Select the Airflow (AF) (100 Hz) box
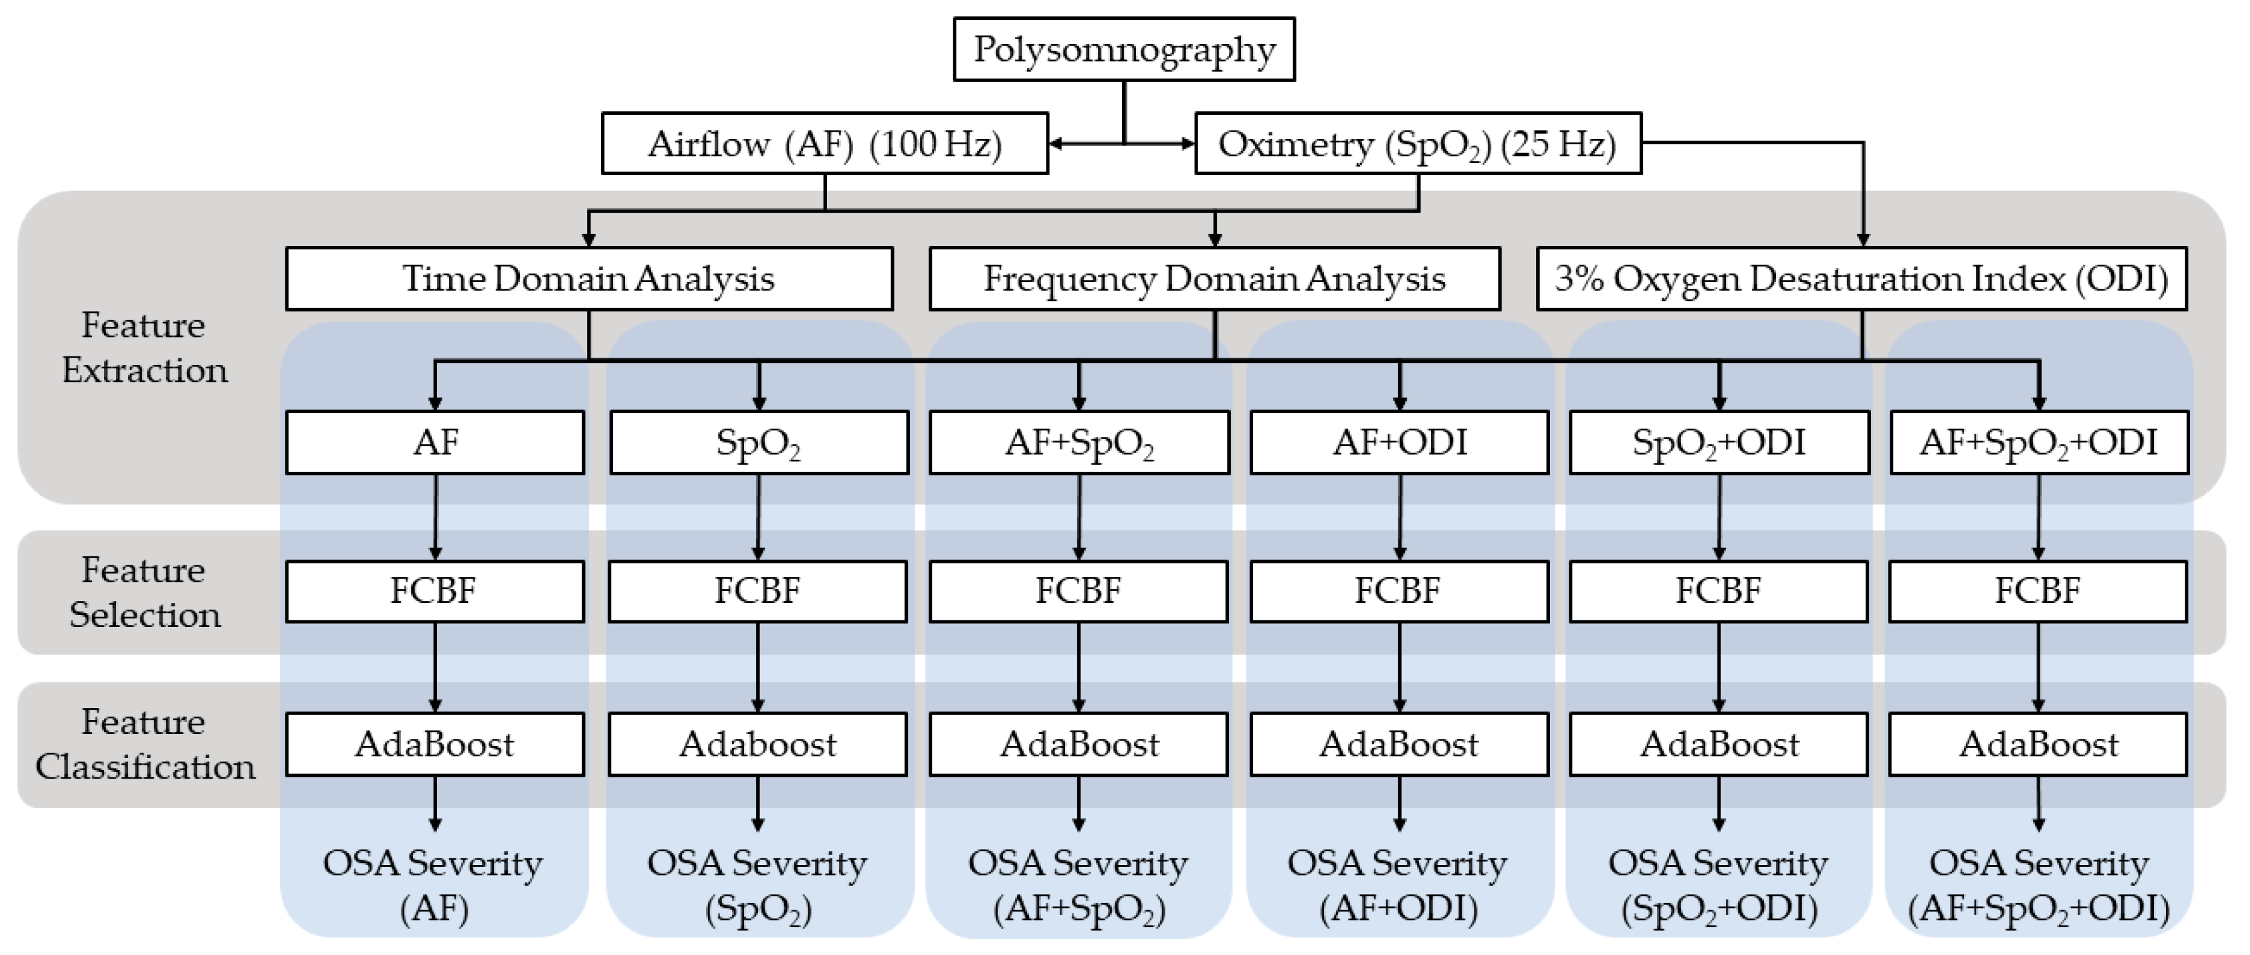coord(825,144)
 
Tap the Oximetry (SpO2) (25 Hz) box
coord(1417,144)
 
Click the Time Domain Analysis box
coord(589,279)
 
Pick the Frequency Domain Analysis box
coord(1214,279)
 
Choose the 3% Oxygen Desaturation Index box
coord(1861,279)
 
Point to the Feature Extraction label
coord(144,347)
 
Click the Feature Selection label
coord(144,592)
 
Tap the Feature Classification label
coord(144,744)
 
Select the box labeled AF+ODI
coord(1399,443)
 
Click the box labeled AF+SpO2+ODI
coord(2038,443)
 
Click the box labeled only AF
coord(435,443)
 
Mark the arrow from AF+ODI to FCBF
coord(1399,517)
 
